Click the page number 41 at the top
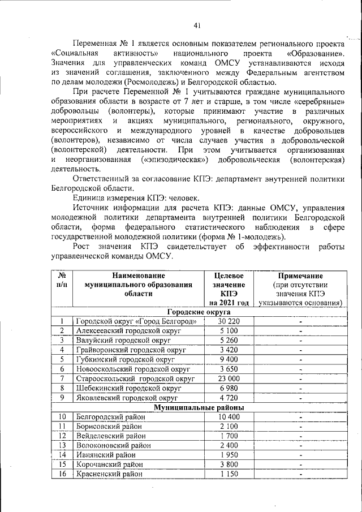(x=197, y=24)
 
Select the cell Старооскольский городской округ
(x=135, y=378)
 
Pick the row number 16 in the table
(x=62, y=474)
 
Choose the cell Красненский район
(x=109, y=474)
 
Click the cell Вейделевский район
(x=111, y=436)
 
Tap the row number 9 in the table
(x=62, y=398)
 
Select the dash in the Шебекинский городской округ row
(x=300, y=388)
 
